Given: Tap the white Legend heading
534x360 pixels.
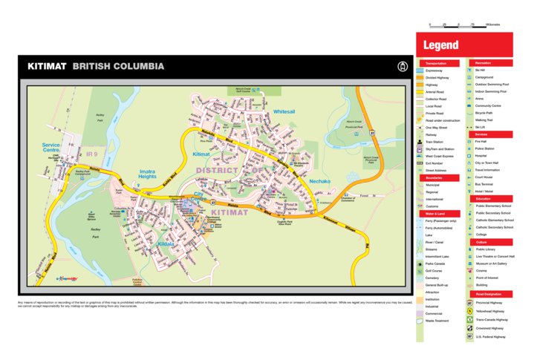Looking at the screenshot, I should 441,45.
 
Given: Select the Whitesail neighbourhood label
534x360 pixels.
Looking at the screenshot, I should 284,111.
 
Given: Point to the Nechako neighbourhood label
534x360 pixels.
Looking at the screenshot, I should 320,180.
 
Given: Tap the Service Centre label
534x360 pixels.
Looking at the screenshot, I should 51,148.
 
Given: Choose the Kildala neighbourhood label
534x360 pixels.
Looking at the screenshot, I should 165,243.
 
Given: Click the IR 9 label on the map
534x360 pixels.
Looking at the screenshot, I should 91,154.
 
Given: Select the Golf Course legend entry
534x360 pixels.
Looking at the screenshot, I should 436,270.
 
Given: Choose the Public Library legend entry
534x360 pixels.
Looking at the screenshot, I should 486,249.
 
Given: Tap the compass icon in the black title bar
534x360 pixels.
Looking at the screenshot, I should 402,67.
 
